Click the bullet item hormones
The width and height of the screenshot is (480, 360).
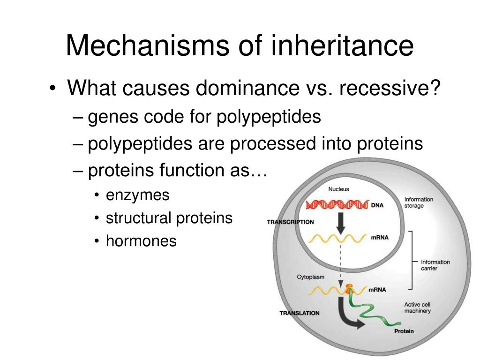(x=141, y=241)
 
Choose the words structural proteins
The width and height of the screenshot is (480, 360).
(x=169, y=218)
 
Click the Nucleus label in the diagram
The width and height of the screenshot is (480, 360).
(x=338, y=189)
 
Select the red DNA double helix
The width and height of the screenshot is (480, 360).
(x=337, y=204)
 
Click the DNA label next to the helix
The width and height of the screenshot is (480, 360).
(x=377, y=205)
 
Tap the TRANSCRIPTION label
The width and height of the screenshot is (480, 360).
(x=290, y=222)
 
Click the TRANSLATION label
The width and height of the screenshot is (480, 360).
(x=300, y=313)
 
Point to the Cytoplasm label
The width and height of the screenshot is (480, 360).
(x=310, y=277)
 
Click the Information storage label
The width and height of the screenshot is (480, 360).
(x=419, y=202)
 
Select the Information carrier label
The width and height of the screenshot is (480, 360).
(x=435, y=265)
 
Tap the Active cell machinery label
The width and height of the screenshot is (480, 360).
(x=417, y=307)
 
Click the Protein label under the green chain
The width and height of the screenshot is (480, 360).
(x=404, y=331)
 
